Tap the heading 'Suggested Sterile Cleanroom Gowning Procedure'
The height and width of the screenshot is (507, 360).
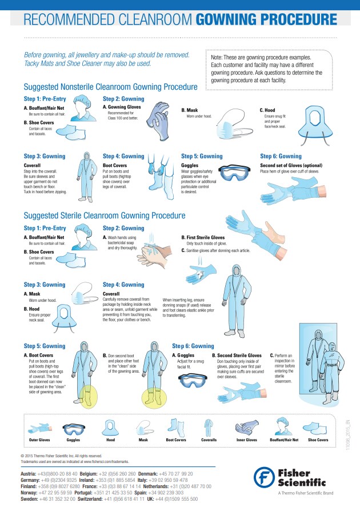click(x=104, y=216)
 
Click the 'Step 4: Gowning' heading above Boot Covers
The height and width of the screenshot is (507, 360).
click(x=123, y=156)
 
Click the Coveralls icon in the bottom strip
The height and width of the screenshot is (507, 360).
click(x=209, y=426)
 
